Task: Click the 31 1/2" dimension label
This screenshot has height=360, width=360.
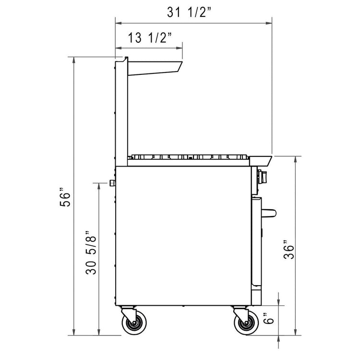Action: (189, 13)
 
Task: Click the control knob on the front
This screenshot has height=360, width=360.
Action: (263, 177)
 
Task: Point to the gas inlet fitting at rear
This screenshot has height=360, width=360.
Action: (112, 183)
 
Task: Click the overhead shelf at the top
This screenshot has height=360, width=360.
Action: (154, 68)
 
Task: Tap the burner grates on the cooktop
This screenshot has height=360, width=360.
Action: (190, 156)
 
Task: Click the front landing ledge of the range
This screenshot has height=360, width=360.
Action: (261, 159)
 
